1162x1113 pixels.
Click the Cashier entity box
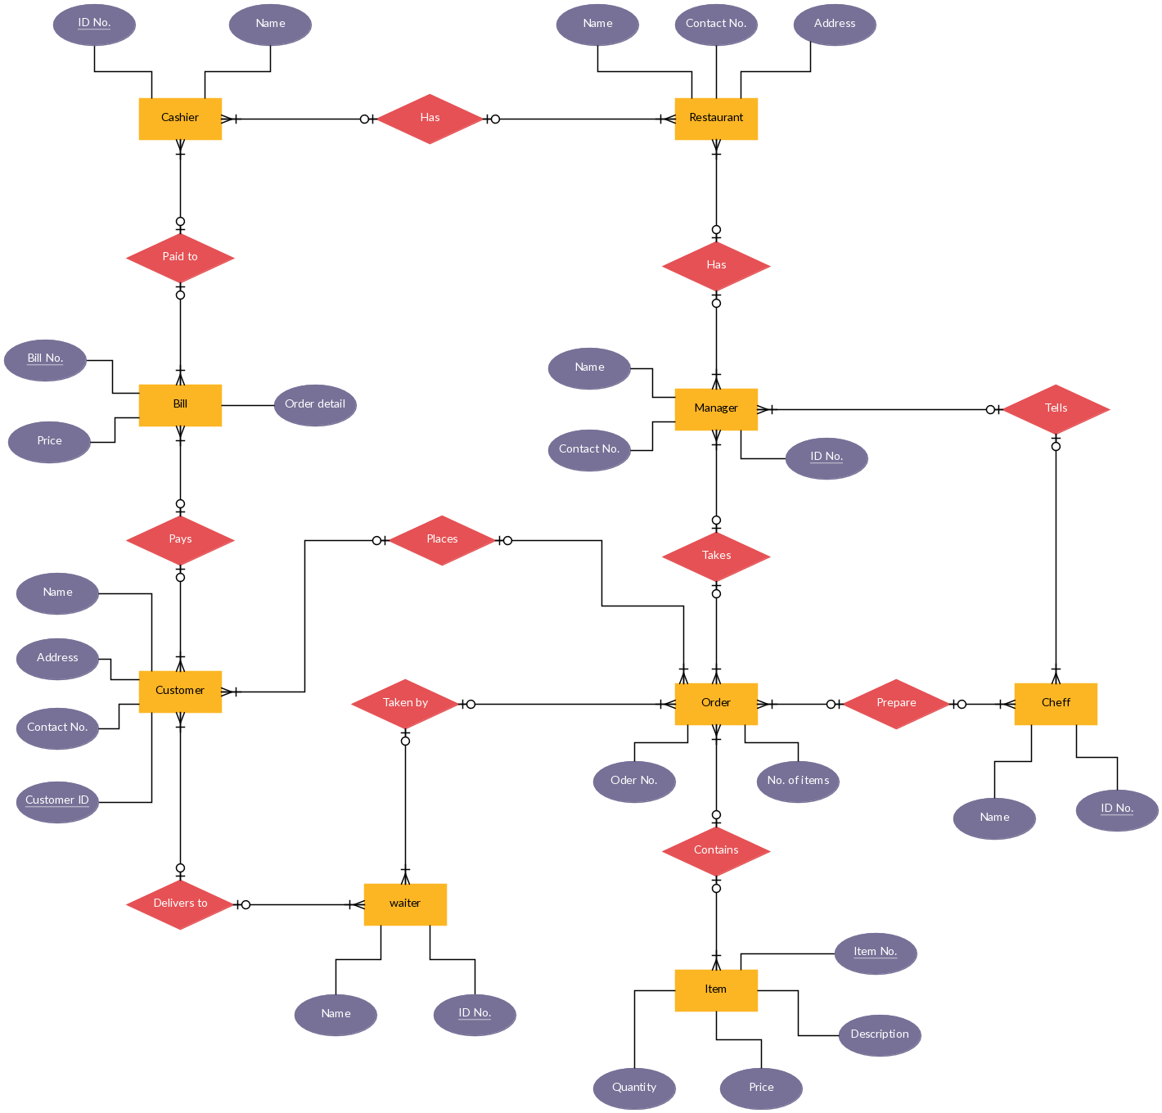click(180, 119)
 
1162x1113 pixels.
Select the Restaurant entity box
click(716, 119)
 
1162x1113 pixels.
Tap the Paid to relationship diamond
click(180, 258)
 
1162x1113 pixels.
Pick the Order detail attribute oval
click(315, 405)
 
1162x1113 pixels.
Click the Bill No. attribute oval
click(45, 360)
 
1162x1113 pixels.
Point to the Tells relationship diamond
click(1056, 409)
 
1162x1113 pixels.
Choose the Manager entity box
click(716, 409)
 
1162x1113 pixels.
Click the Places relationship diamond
click(442, 540)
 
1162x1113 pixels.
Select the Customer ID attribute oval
click(57, 802)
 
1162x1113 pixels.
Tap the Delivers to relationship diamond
click(180, 904)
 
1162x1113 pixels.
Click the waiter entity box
click(405, 904)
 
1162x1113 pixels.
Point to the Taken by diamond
click(405, 704)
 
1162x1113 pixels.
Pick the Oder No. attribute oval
click(634, 782)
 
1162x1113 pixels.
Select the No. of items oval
click(798, 782)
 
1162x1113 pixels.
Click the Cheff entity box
click(1056, 704)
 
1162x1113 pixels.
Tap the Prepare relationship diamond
click(896, 704)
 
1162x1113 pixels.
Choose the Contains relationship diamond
click(716, 851)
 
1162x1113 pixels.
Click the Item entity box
click(716, 990)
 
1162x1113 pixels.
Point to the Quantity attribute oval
click(634, 1088)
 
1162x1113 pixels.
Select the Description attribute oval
click(880, 1035)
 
